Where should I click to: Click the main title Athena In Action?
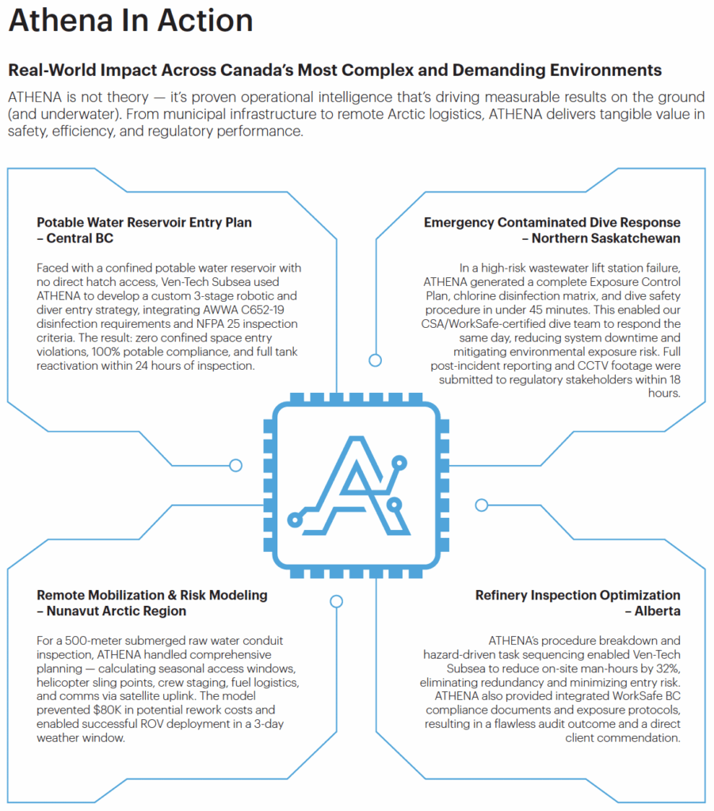coord(131,21)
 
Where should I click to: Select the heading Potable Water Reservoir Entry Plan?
coord(144,223)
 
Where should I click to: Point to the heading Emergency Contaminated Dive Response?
coord(552,223)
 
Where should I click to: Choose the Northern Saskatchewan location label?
coord(605,238)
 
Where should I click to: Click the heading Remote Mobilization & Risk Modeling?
coord(152,595)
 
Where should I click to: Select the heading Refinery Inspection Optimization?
coord(578,595)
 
